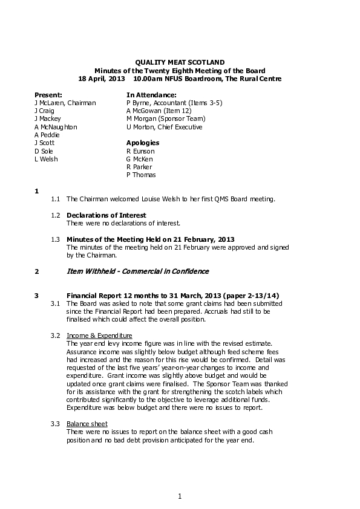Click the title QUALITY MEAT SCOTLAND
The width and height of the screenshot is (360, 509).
179,62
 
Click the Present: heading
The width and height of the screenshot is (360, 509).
48,95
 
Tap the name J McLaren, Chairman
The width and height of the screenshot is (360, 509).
65,103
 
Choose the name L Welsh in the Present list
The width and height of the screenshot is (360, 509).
46,159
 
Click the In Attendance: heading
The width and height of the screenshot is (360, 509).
151,95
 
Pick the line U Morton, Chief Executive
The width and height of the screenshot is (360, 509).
164,127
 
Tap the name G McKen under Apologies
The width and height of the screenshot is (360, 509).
140,159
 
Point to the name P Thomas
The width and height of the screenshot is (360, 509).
141,175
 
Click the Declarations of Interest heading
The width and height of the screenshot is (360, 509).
106,215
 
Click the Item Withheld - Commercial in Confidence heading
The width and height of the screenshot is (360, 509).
137,271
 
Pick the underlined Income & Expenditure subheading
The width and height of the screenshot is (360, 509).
99,336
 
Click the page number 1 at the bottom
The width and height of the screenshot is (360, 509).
180,496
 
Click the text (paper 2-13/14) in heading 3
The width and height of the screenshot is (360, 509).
248,296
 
